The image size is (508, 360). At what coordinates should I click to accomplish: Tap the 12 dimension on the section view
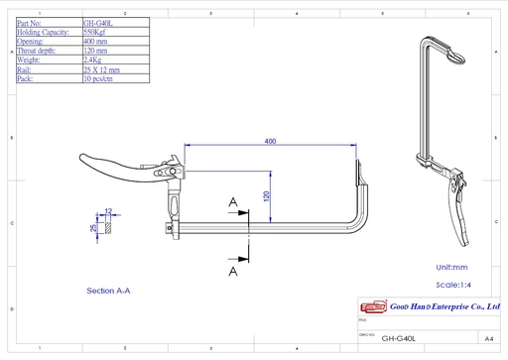tap(108, 211)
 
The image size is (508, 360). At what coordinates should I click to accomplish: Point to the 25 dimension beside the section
tap(93, 227)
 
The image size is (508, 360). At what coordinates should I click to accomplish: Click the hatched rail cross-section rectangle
tap(108, 227)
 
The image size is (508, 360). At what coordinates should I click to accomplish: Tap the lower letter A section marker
tap(232, 269)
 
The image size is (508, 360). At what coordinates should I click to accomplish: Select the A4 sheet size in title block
tap(489, 337)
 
